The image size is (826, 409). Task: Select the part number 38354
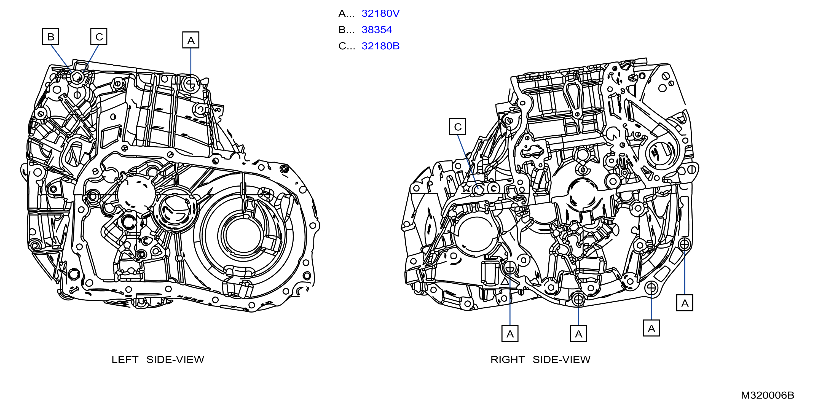(x=377, y=30)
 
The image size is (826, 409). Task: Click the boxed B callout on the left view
(x=51, y=37)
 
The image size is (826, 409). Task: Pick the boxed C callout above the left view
(x=99, y=37)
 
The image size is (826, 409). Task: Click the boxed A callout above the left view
(x=191, y=40)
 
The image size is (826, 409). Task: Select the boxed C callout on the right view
(x=457, y=127)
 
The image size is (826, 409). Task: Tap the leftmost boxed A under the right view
(x=510, y=334)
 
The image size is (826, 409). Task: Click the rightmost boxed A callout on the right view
(x=685, y=303)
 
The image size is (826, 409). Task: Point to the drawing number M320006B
(x=767, y=395)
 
